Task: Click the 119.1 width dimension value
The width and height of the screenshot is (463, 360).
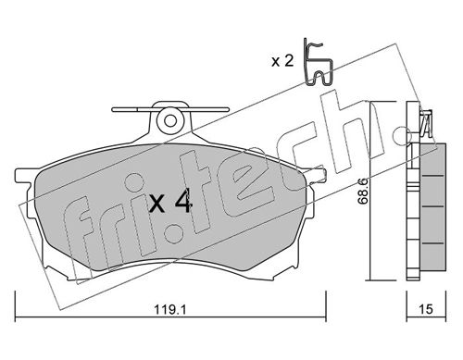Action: (170, 309)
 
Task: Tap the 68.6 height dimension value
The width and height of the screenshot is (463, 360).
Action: (363, 192)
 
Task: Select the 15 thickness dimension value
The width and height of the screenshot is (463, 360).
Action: (426, 309)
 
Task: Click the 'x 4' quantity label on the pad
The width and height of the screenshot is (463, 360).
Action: (170, 202)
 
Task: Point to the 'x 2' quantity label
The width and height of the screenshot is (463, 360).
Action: (282, 61)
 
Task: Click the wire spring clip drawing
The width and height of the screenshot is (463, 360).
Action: (318, 63)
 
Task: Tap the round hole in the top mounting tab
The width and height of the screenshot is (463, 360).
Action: (170, 120)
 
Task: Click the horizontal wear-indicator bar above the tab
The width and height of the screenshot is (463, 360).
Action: (170, 109)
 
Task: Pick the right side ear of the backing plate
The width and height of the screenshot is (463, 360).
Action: (317, 177)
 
